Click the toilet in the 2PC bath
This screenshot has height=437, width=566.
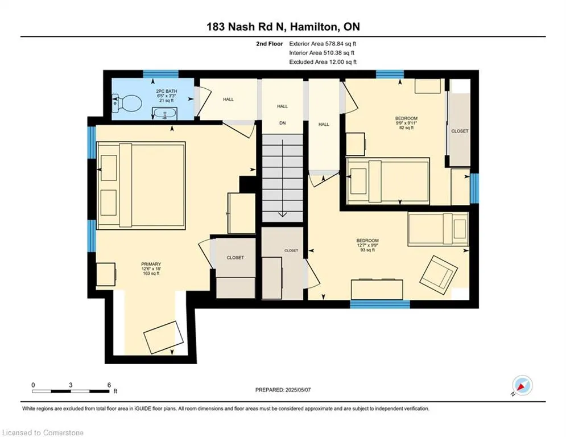[126, 104]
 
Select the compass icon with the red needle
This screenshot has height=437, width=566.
[522, 385]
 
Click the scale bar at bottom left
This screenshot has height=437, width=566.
[71, 391]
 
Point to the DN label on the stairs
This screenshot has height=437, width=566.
[283, 123]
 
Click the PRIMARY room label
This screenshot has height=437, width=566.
[151, 264]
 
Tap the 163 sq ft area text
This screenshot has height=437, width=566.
[151, 273]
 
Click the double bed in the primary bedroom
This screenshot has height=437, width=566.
[141, 185]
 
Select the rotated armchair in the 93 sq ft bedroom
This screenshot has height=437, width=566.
[439, 272]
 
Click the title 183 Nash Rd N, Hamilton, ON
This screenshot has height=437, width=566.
[283, 27]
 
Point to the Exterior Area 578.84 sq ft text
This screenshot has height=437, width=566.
[323, 44]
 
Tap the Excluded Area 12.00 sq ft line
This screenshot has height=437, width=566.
[323, 62]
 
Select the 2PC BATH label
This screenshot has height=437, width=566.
[167, 92]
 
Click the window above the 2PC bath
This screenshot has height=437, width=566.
[160, 74]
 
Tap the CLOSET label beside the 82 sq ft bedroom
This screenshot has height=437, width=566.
[460, 131]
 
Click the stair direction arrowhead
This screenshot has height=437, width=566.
[283, 215]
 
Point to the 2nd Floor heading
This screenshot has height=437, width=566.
[270, 44]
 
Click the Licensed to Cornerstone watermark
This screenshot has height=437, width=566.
[43, 432]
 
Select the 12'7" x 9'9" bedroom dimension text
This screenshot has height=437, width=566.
[367, 245]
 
